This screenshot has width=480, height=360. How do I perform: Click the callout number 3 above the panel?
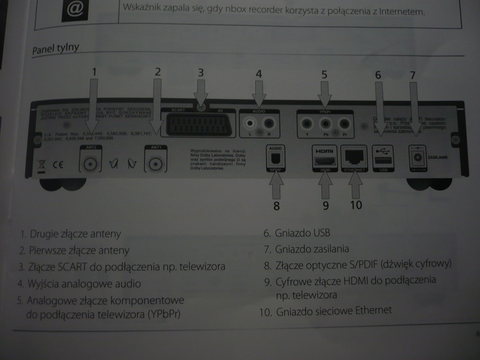click(x=202, y=73)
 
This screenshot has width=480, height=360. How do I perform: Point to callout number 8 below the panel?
click(x=276, y=206)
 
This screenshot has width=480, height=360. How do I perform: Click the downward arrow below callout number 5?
click(x=325, y=94)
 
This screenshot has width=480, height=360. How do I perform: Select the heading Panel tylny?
click(x=56, y=47)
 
